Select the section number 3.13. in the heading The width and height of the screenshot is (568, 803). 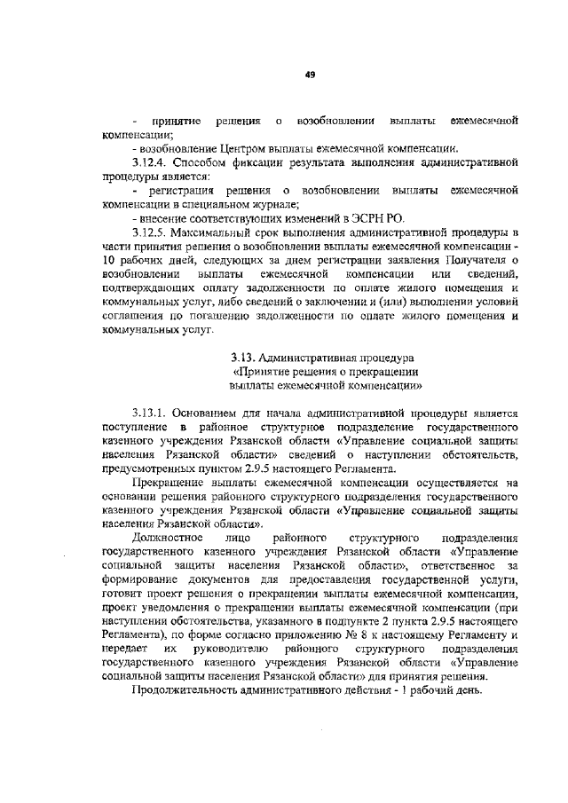(x=241, y=358)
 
